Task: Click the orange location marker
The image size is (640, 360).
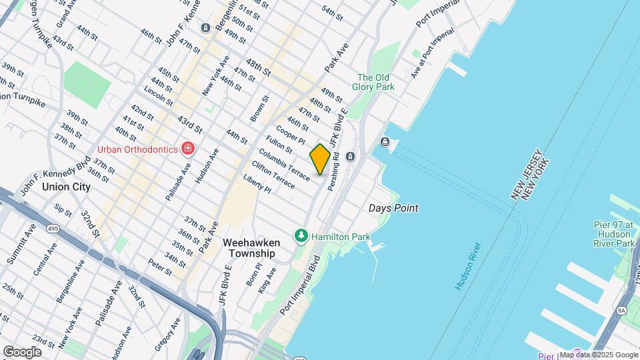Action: coord(320,159)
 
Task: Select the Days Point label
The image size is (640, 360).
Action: coord(393,208)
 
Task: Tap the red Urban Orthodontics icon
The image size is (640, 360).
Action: coord(189,149)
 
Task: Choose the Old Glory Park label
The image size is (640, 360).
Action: coord(376,82)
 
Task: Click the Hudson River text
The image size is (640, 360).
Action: coord(469,265)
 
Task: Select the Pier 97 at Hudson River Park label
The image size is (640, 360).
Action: coord(615,234)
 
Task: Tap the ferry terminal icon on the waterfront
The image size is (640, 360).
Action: coord(385,141)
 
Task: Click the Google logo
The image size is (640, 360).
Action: coord(22,351)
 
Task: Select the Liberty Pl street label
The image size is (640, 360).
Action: coord(258,184)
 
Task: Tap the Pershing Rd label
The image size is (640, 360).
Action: coord(333,171)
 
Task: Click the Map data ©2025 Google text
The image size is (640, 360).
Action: coord(598,355)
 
